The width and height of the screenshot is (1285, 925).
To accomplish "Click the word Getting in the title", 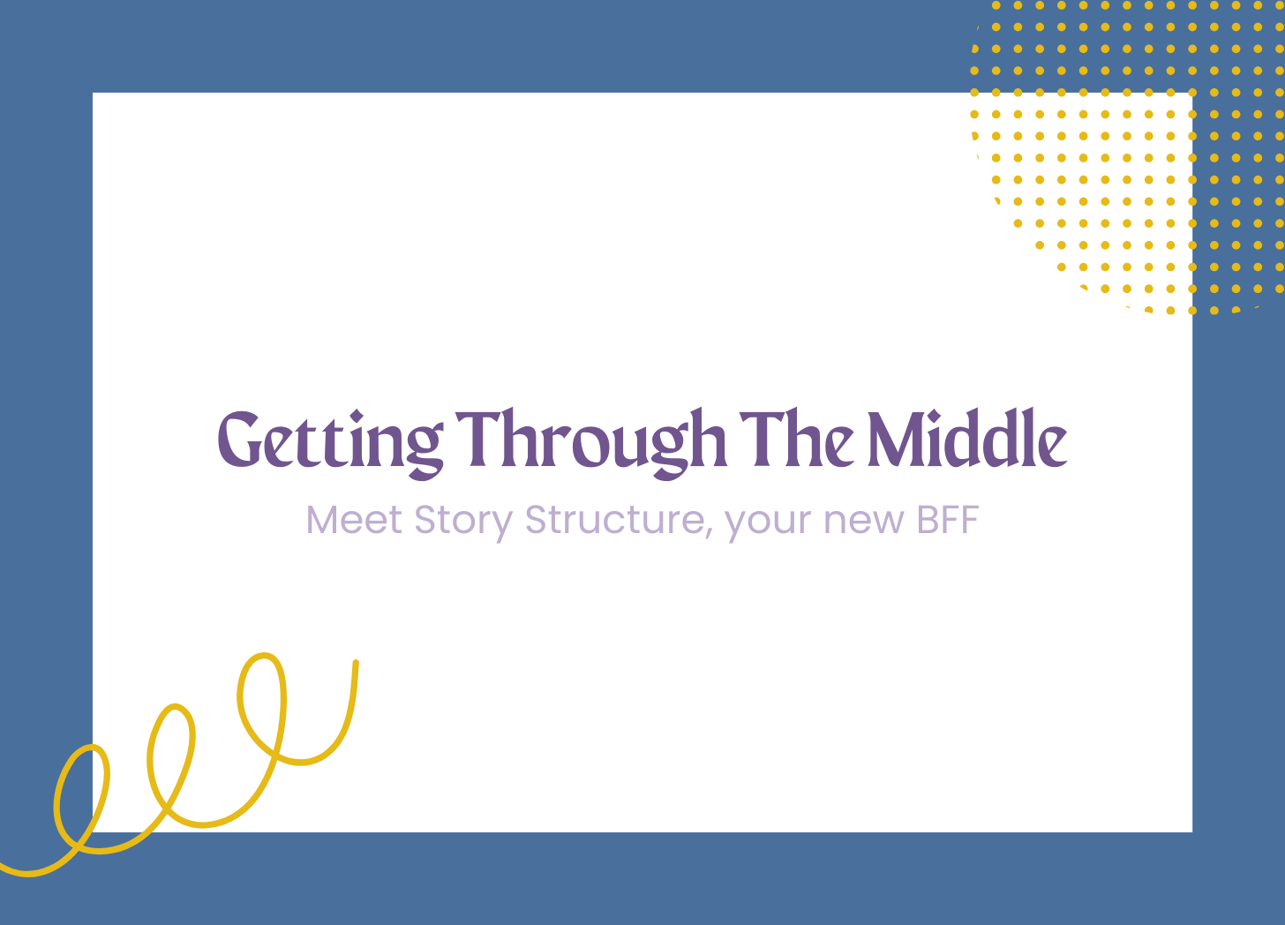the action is point(331,444).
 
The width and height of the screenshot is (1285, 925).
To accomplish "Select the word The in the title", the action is point(797,438).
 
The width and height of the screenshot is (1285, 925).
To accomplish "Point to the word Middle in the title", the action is point(967,437).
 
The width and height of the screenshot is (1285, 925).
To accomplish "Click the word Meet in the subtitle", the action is point(354,520).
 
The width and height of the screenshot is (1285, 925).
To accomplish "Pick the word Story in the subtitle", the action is point(463,523).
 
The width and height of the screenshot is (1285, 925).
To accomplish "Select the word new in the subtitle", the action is point(864,523).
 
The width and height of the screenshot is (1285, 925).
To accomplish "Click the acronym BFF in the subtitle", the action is point(948,520).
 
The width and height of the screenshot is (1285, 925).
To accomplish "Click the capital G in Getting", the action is point(239,439).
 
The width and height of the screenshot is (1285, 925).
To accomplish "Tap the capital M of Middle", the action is point(896,439).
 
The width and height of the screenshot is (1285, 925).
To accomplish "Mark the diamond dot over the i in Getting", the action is point(357,416).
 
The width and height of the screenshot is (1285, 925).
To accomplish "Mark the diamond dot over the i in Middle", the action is point(934,416).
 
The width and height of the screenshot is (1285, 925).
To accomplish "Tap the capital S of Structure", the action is point(537,520).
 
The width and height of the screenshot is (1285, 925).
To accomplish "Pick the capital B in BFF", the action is point(928,520).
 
